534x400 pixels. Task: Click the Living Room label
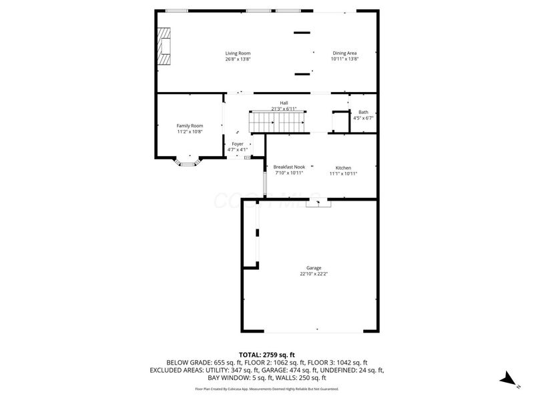tap(238, 53)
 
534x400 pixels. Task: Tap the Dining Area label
tap(345, 53)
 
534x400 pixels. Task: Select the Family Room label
tap(190, 126)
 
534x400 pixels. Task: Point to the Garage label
tap(314, 268)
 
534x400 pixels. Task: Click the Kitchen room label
tap(343, 167)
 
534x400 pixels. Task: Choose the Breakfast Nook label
tap(289, 167)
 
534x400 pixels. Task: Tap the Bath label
tap(363, 112)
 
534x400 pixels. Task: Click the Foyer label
tap(238, 144)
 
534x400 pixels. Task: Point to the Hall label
tap(284, 103)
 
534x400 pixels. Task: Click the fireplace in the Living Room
tap(164, 45)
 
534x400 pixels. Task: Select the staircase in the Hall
tap(277, 122)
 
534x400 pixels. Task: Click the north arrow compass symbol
tap(509, 379)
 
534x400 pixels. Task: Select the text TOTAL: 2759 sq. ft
tap(267, 354)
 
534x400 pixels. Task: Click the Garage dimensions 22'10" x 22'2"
tap(314, 274)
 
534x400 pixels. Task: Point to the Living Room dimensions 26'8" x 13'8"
tap(238, 59)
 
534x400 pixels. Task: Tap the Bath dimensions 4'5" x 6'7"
tap(363, 118)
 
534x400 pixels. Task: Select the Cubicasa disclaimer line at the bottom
tap(267, 389)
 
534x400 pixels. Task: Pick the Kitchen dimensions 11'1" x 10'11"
tap(343, 173)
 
